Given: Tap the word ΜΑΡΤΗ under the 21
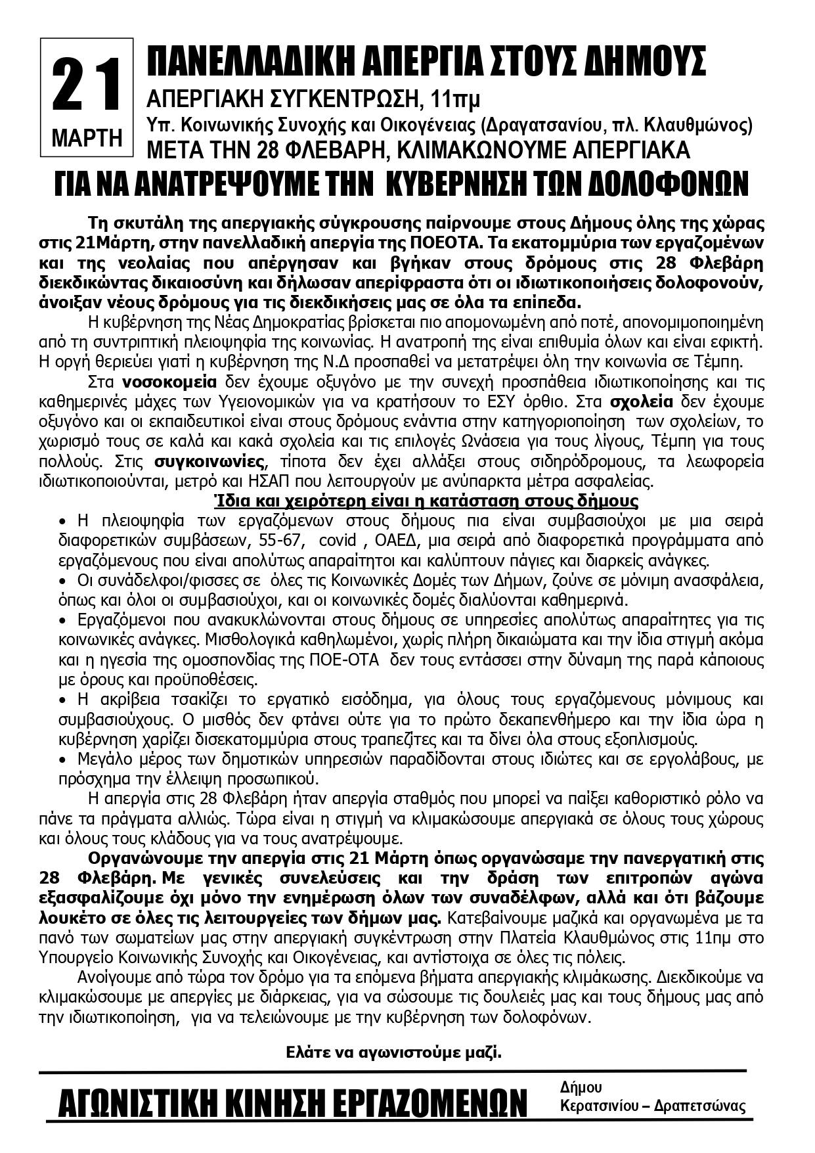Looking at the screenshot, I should (x=87, y=138).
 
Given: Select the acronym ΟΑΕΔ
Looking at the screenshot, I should (x=400, y=541).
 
